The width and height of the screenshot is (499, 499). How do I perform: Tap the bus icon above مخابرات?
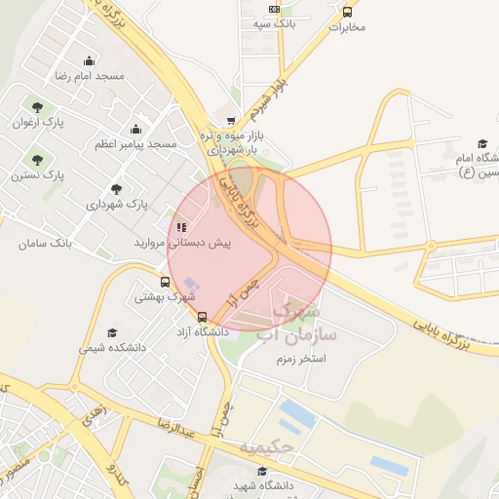click(348, 13)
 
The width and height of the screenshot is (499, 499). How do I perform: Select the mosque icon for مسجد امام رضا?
click(90, 61)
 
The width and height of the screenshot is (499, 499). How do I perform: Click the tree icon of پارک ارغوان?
click(37, 108)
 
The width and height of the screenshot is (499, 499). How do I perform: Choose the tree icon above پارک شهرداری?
click(116, 190)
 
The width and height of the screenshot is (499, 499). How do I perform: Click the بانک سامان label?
click(46, 242)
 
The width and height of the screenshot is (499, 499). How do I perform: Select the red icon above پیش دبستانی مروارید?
click(181, 226)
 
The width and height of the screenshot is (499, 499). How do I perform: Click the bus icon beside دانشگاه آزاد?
click(202, 317)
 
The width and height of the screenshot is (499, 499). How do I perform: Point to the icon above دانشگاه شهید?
click(262, 470)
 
